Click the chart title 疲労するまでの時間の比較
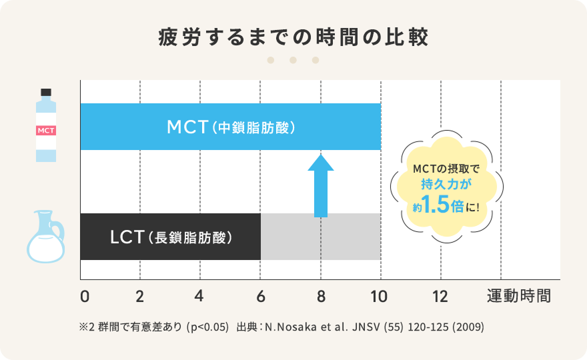[293, 36]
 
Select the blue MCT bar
[230, 127]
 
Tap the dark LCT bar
[170, 237]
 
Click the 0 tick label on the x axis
[84, 296]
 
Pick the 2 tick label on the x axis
[140, 296]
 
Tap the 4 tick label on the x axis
[200, 296]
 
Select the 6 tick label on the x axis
[261, 296]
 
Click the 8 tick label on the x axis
[321, 296]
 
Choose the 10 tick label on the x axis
[380, 296]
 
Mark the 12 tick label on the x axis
[440, 296]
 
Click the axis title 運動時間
[519, 296]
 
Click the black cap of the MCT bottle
[46, 92]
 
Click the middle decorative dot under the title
[293, 60]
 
